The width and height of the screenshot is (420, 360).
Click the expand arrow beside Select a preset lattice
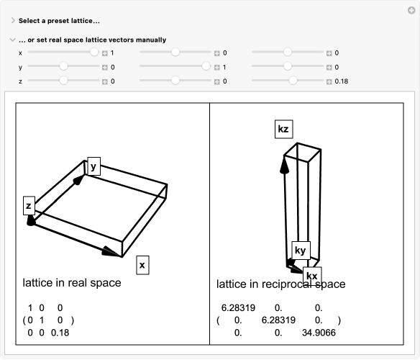click(13, 20)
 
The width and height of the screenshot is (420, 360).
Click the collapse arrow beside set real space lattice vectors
click(12, 40)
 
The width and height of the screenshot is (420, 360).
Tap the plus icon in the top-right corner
click(411, 11)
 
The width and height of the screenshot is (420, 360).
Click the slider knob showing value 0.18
click(293, 81)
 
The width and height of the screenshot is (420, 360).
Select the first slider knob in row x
click(94, 52)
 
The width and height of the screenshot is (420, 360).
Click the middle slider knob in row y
click(206, 66)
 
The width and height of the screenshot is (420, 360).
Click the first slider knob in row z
click(63, 81)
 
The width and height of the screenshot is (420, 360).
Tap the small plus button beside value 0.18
click(329, 81)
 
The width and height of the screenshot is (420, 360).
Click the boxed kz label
click(283, 130)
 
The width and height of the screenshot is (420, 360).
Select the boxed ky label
click(301, 251)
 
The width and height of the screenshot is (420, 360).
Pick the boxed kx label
click(312, 276)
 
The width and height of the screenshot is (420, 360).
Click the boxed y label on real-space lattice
click(93, 166)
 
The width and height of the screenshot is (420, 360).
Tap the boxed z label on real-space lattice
click(29, 206)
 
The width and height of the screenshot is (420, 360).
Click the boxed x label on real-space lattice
click(142, 265)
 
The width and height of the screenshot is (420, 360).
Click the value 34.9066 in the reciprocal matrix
click(319, 333)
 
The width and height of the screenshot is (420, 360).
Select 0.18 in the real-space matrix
click(60, 333)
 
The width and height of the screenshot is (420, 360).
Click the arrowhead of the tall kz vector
click(285, 164)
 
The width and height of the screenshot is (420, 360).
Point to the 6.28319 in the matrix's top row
click(238, 308)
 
